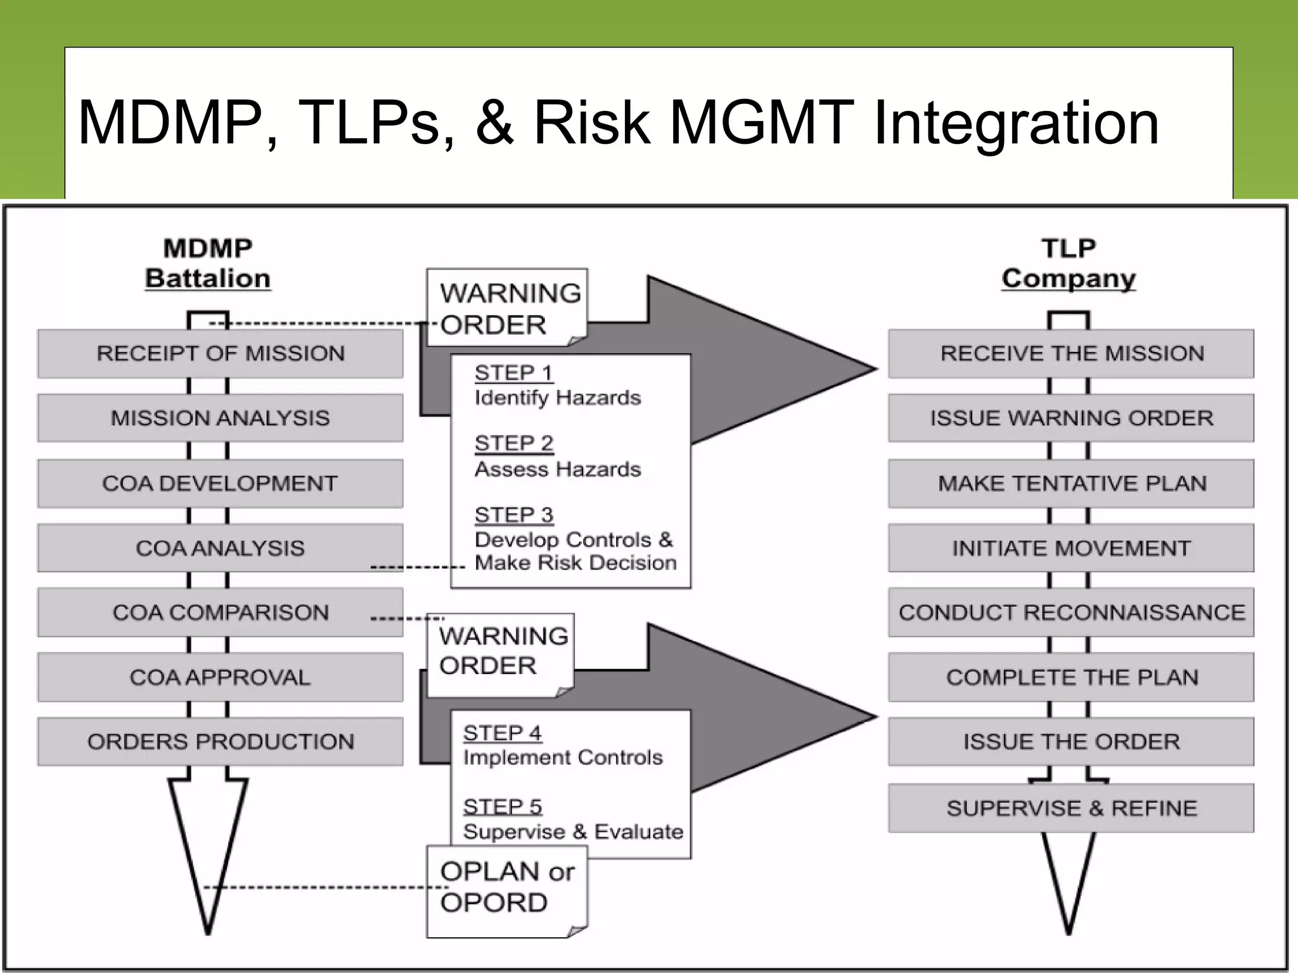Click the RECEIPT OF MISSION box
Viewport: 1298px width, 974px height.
tap(220, 353)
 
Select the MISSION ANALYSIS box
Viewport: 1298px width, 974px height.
tap(220, 418)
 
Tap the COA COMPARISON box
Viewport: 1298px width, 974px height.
tap(220, 613)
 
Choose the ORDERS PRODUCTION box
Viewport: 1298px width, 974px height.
tap(220, 741)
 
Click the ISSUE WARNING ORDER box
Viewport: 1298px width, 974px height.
tap(1071, 418)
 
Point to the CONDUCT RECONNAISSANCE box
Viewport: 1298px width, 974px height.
tap(1071, 613)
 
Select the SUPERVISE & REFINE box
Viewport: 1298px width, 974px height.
tap(1071, 808)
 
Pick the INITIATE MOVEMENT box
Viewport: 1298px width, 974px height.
tap(1071, 548)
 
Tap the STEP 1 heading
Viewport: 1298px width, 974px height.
tap(513, 373)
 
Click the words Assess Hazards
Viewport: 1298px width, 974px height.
tap(558, 469)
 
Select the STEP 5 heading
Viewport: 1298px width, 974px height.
tap(503, 807)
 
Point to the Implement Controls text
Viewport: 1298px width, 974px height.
tap(563, 757)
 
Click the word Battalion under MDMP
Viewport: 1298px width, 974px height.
tap(208, 278)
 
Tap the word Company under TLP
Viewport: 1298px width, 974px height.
tap(1069, 278)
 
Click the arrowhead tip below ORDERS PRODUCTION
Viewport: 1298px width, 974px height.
tap(208, 931)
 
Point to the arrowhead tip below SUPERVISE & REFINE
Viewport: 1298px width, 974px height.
tap(1069, 931)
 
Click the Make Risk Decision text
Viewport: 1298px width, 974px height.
tap(575, 563)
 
